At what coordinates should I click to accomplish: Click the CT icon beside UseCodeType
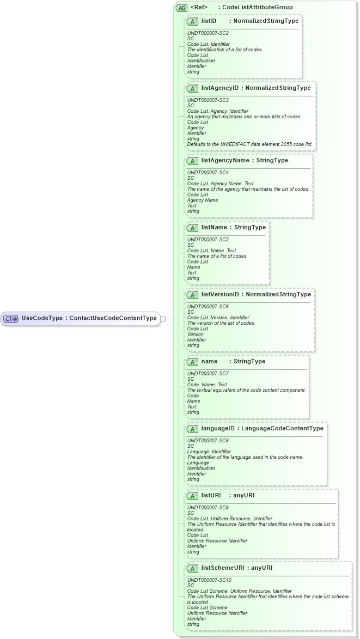(11, 319)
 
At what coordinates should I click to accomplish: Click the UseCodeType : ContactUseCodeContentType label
(89, 318)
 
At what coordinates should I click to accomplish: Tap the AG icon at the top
(181, 8)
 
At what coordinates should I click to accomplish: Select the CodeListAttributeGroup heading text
(254, 8)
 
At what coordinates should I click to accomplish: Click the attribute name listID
(209, 21)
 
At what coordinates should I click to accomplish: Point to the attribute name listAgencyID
(219, 88)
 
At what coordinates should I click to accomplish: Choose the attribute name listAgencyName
(223, 160)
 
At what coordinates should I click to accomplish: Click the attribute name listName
(214, 227)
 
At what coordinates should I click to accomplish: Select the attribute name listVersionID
(221, 294)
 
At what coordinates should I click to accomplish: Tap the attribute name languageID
(218, 428)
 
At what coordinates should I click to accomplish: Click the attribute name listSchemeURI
(222, 568)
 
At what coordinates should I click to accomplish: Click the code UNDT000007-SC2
(208, 33)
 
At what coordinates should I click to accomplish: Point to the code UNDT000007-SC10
(209, 580)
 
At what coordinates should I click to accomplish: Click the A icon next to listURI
(192, 496)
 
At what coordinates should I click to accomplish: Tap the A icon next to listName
(192, 228)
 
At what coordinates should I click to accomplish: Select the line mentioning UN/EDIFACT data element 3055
(250, 144)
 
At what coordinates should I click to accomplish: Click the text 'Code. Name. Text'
(207, 385)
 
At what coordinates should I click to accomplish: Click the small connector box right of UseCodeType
(163, 319)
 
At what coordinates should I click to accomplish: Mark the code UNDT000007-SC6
(208, 307)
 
